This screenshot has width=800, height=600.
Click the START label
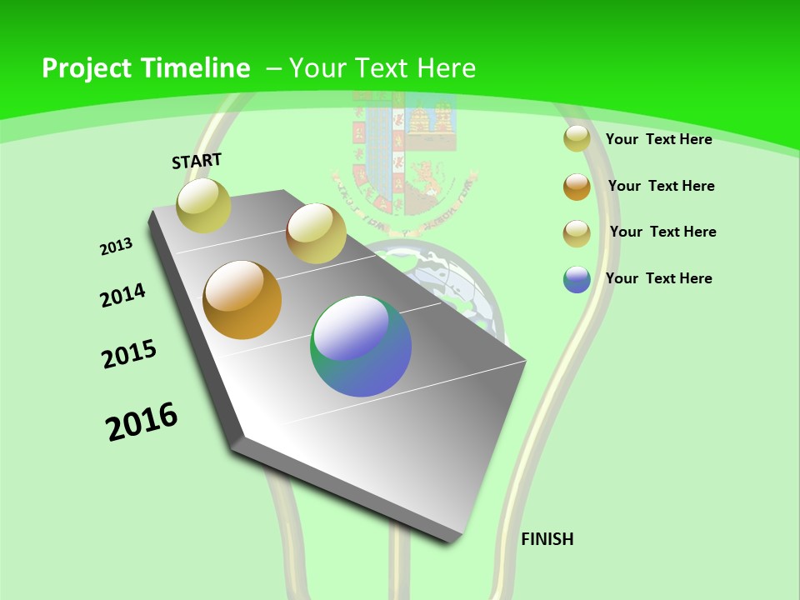coord(197,161)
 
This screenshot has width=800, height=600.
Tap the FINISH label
coord(547,539)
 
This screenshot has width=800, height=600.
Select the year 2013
coord(116,247)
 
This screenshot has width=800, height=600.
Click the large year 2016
coord(142,422)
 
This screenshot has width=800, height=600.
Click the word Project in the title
coord(84,68)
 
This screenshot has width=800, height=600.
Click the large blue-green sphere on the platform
coord(361,346)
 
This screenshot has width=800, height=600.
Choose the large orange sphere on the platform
coord(242,300)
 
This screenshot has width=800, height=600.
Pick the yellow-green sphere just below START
coord(204,205)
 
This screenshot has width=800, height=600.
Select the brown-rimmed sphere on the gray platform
coord(316,233)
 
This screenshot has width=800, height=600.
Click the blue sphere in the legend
coord(577,279)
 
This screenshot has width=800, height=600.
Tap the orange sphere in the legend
coord(577,187)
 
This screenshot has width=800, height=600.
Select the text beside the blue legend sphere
coord(658,278)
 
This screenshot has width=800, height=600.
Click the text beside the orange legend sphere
coord(661,186)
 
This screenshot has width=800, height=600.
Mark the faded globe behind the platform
coord(467,283)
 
